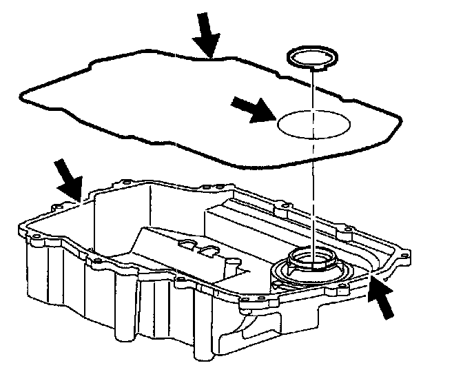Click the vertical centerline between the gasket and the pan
tap(311, 207)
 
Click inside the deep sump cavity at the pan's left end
tap(110, 220)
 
